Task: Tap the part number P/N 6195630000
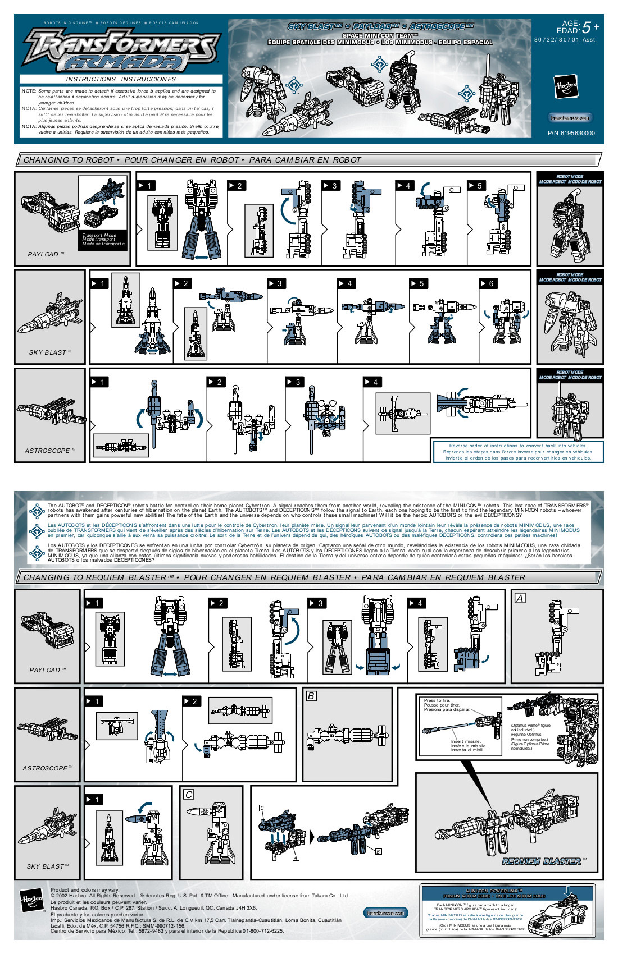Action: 571,133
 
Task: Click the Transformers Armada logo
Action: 121,49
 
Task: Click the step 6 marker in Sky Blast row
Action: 487,283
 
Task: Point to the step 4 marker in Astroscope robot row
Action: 371,382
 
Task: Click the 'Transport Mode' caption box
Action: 103,240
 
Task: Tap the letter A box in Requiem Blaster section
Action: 520,598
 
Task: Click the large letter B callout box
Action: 311,696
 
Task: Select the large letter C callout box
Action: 189,795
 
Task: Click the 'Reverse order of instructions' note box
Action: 517,452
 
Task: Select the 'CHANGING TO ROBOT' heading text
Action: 69,160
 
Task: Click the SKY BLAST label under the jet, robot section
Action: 49,352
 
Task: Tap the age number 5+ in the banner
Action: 590,27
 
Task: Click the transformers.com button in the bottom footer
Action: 385,913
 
